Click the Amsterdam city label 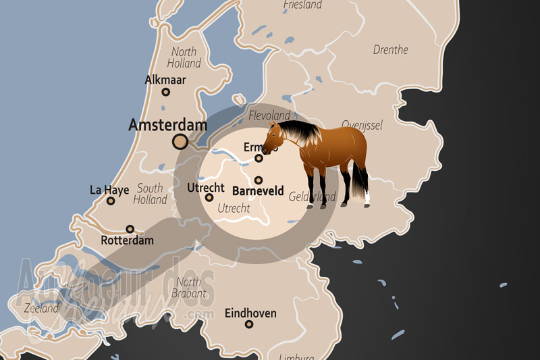[167, 125]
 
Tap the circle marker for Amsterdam [180, 141]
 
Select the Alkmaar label [165, 80]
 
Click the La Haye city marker [111, 201]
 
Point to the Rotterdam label [127, 240]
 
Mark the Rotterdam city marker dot [130, 229]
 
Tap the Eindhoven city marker [249, 325]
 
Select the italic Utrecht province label [234, 209]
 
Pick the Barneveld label [258, 192]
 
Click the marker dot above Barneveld [259, 180]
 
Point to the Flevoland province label [269, 116]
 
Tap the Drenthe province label [390, 50]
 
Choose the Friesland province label [303, 5]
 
